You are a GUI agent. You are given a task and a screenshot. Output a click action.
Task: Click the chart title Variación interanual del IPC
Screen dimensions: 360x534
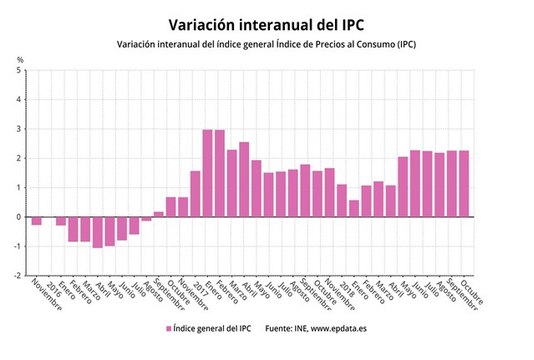click(x=266, y=22)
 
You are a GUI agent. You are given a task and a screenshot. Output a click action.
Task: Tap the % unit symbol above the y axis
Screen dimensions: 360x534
click(x=20, y=61)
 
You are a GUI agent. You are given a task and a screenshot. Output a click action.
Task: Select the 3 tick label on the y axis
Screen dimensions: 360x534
click(x=20, y=130)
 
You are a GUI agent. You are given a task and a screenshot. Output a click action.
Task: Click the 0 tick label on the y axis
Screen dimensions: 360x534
click(x=20, y=217)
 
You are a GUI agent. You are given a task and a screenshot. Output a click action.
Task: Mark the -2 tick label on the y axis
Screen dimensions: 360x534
click(x=18, y=275)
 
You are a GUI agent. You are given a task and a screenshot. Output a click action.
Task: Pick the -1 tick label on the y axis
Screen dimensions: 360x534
click(x=18, y=246)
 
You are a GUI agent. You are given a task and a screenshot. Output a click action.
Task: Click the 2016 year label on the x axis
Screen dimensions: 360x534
click(x=50, y=285)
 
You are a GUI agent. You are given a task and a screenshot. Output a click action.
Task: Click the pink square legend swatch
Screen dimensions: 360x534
click(x=168, y=327)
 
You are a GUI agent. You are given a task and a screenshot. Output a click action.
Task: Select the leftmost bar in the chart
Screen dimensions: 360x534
click(x=37, y=221)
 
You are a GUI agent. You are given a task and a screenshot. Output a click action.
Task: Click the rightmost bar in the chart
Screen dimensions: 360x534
click(x=464, y=184)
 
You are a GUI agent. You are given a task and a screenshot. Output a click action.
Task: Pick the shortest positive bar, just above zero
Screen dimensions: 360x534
click(x=159, y=214)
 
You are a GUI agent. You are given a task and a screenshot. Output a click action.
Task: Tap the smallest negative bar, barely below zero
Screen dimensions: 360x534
click(x=147, y=218)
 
